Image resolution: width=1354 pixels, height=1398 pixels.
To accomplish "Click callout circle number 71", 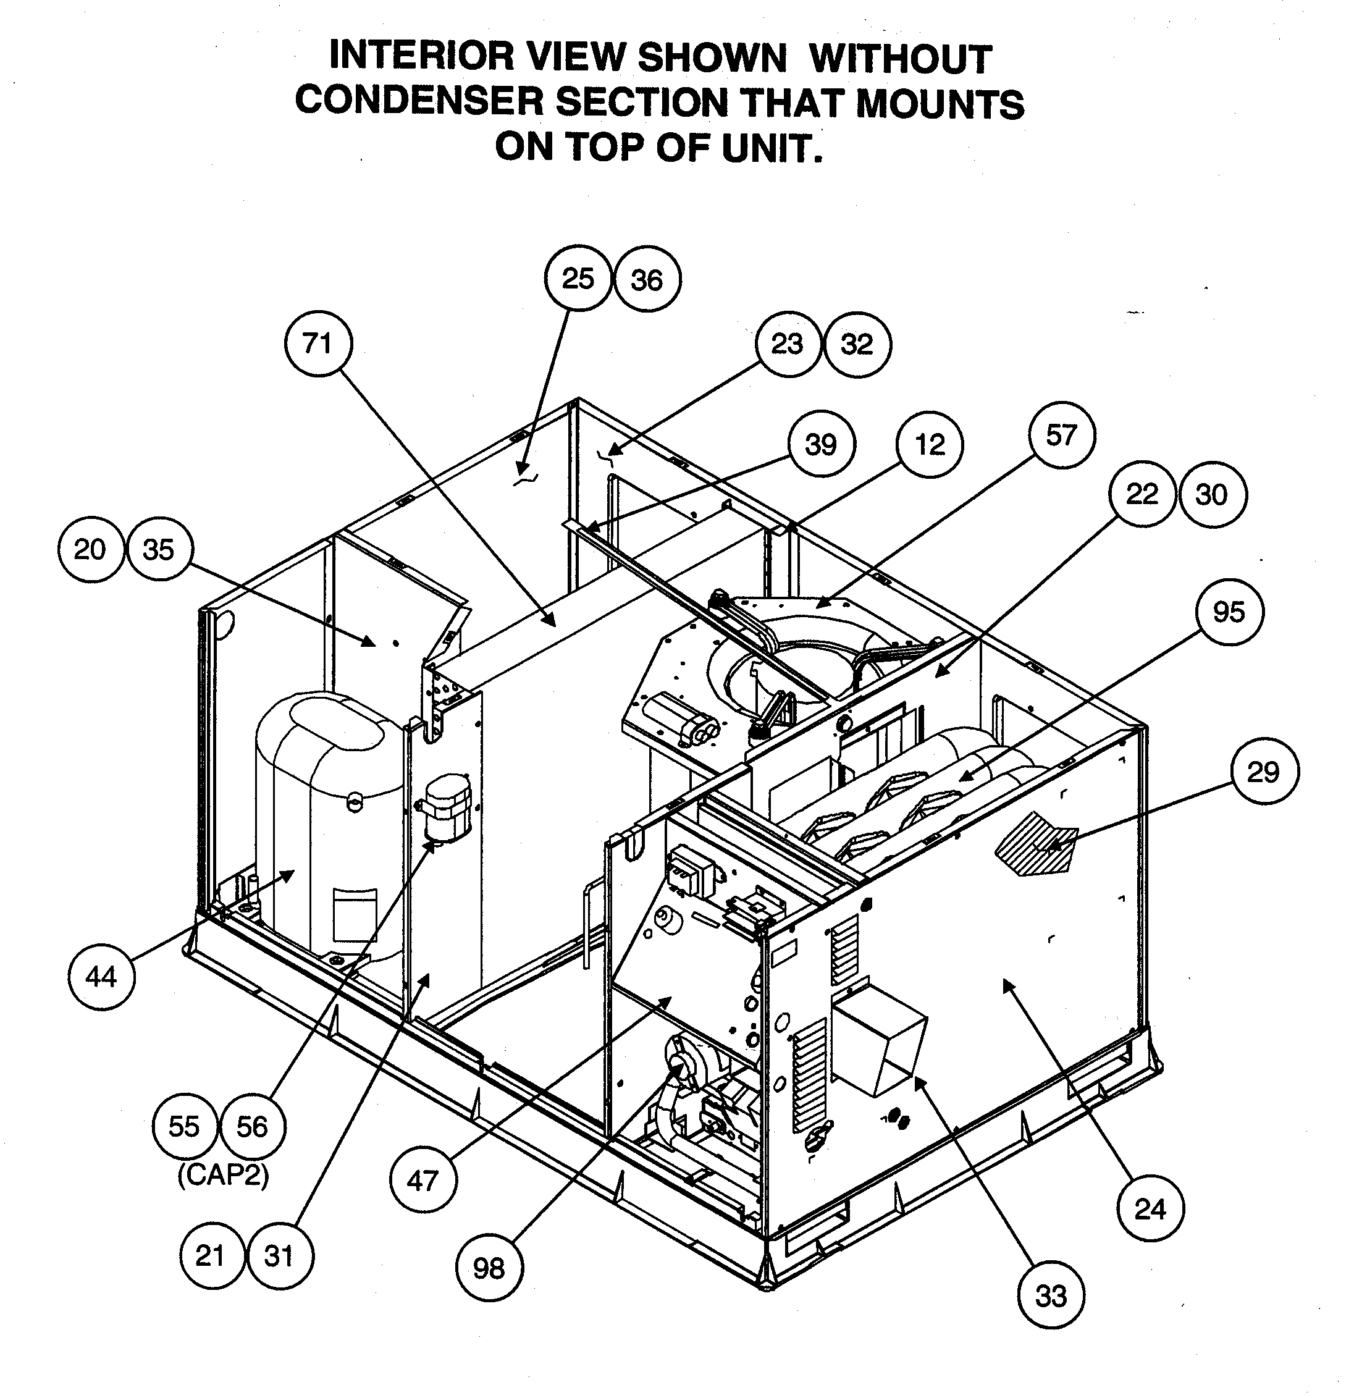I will point(318,345).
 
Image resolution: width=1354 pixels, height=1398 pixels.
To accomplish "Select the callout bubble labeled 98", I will point(489,1268).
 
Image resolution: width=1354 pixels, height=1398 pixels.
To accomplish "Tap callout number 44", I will point(101,975).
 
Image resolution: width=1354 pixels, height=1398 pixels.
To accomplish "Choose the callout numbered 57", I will point(1061,435).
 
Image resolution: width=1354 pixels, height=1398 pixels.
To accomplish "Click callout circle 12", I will point(930,445).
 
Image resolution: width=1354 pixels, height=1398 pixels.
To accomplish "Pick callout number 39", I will point(821,445).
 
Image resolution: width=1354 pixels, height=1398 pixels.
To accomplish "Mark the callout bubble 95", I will point(1229,612).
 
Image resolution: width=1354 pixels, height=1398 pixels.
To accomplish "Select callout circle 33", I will point(1051,1295).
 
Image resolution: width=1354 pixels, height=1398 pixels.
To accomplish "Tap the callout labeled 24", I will point(1150,1209).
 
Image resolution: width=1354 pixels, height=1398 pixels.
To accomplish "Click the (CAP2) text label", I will point(223,1175).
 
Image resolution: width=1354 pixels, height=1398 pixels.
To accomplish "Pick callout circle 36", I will point(647,280).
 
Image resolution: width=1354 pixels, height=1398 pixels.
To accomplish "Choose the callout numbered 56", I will point(253,1127).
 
